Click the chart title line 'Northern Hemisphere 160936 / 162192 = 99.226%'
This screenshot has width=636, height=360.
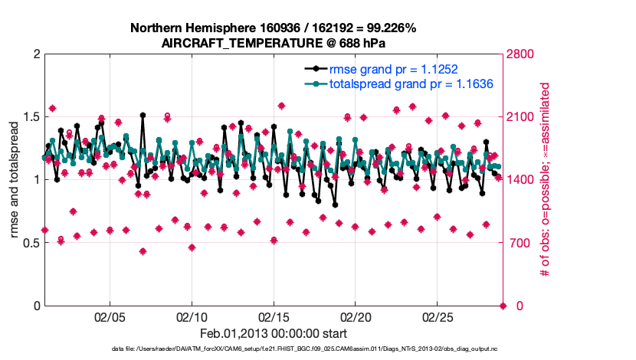(x=274, y=28)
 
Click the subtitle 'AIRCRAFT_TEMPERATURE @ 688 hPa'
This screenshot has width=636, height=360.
(x=274, y=43)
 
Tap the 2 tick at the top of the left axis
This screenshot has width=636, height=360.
(x=36, y=54)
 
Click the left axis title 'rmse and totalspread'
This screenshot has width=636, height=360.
(x=15, y=180)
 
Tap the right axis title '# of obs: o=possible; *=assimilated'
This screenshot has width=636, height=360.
(x=546, y=180)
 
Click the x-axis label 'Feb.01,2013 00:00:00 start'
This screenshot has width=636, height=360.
(x=274, y=333)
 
